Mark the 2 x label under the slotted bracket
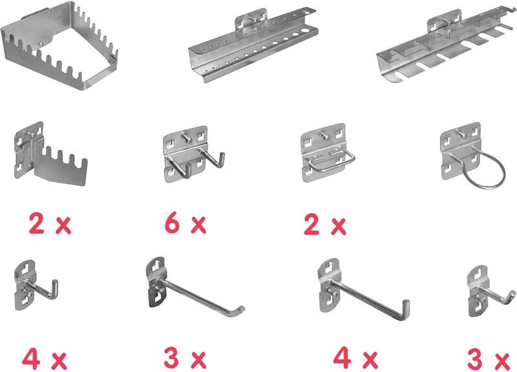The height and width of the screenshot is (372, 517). point(48,224)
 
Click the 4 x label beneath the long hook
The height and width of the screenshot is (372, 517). point(355,358)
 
